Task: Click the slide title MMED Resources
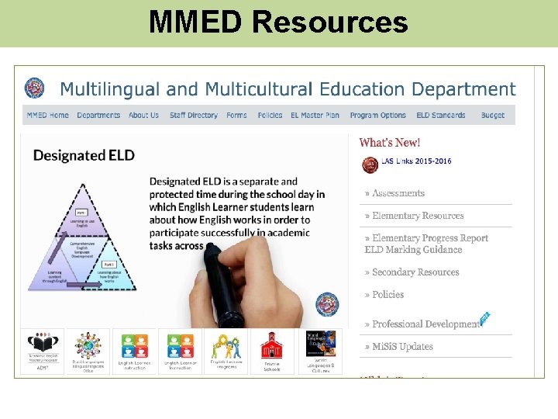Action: click(278, 23)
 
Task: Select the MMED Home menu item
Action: click(48, 116)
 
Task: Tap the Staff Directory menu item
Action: click(194, 116)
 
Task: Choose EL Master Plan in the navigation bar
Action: click(315, 116)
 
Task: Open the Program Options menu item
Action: click(377, 116)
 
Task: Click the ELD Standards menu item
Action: click(441, 116)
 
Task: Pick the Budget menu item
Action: click(493, 116)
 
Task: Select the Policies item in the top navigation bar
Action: click(270, 116)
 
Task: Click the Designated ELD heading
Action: click(84, 155)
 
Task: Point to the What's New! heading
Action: click(390, 143)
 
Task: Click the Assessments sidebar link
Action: click(398, 193)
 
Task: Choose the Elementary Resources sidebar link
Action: click(418, 216)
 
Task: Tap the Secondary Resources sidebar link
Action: click(415, 272)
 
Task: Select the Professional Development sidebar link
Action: click(425, 324)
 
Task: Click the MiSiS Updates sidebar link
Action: click(402, 347)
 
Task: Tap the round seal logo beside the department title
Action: click(35, 88)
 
